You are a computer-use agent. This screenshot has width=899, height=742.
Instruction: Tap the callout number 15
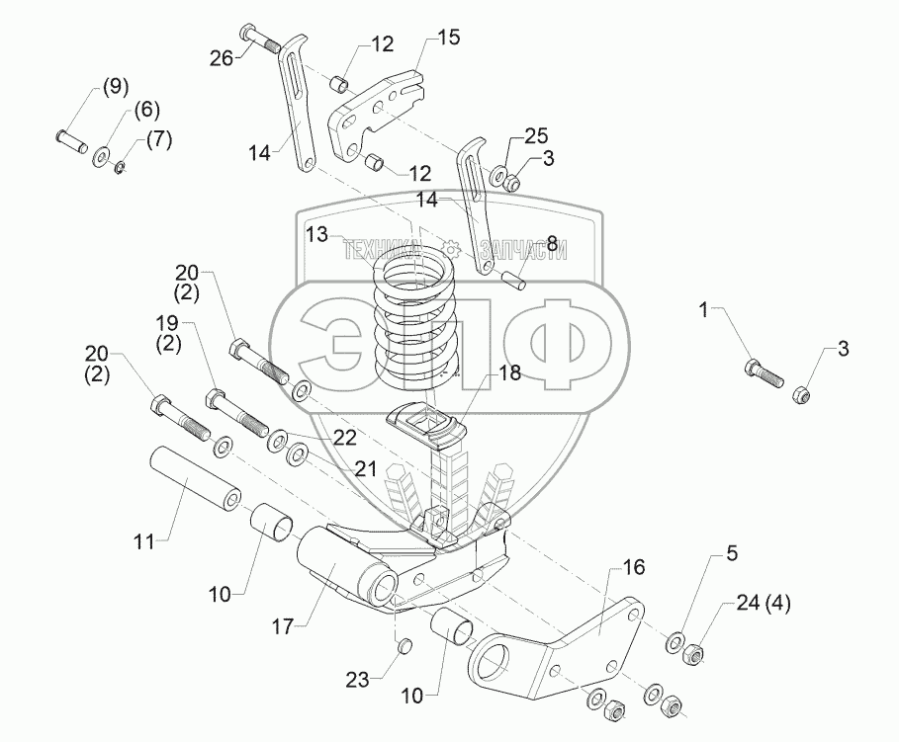[x=448, y=38]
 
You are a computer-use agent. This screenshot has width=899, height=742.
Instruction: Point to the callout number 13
[x=316, y=234]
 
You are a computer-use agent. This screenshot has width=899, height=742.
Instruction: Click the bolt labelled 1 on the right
[x=763, y=374]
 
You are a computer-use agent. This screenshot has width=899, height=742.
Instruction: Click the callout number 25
[x=535, y=134]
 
